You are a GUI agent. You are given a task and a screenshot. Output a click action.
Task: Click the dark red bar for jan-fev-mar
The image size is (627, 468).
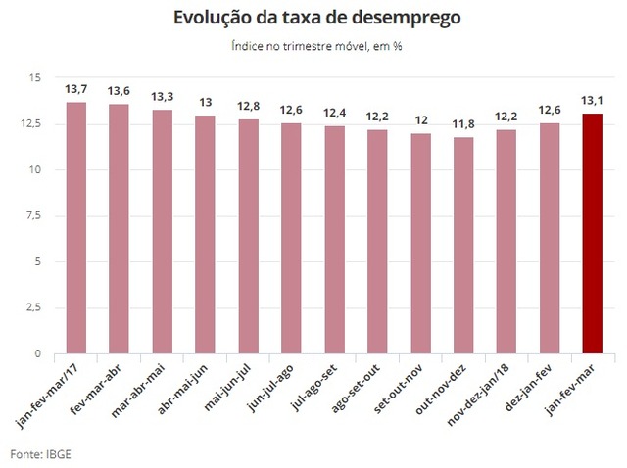(x=592, y=233)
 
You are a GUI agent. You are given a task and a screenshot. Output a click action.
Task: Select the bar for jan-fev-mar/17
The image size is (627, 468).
(x=75, y=227)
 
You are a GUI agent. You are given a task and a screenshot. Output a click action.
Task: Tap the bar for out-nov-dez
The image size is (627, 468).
(x=463, y=245)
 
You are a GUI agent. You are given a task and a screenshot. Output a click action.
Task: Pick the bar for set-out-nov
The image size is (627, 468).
(x=420, y=243)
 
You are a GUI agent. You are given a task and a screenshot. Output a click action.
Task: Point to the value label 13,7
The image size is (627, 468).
(x=76, y=90)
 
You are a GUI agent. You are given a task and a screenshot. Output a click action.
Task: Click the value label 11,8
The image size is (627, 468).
(x=463, y=124)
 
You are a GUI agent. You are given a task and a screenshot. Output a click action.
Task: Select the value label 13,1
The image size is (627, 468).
(x=592, y=101)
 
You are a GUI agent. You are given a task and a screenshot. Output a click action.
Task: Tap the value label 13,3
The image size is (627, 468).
(x=163, y=97)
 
